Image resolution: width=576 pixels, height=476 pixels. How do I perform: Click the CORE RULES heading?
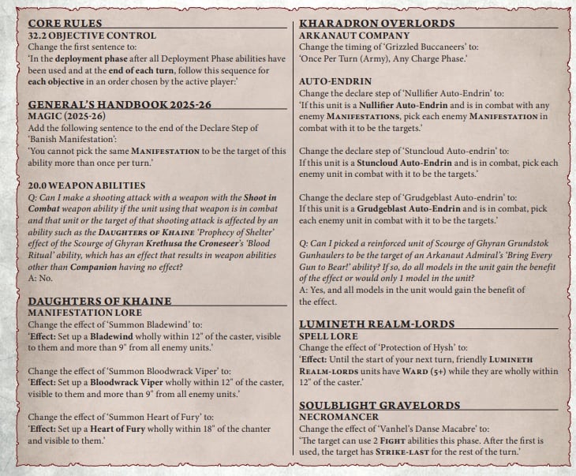click(65, 24)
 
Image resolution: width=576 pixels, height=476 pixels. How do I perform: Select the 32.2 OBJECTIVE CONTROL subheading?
click(80, 36)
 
